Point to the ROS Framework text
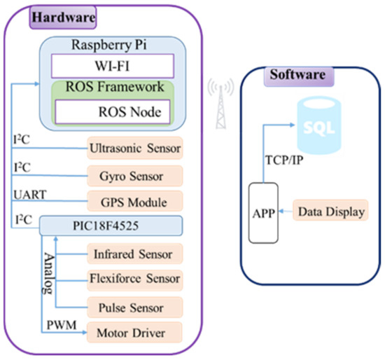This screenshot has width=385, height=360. coord(111,88)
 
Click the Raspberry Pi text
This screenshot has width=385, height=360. coord(111,44)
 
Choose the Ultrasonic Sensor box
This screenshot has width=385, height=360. coord(134,148)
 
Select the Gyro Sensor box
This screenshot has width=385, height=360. coord(134,175)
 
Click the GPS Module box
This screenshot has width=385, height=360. coord(134,202)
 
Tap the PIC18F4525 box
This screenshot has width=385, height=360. coord(111,226)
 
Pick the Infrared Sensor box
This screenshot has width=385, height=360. coord(134,253)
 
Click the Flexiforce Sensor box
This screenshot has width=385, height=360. coord(134,279)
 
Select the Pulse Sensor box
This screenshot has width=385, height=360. coord(134,307)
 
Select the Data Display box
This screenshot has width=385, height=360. coord(330,211)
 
